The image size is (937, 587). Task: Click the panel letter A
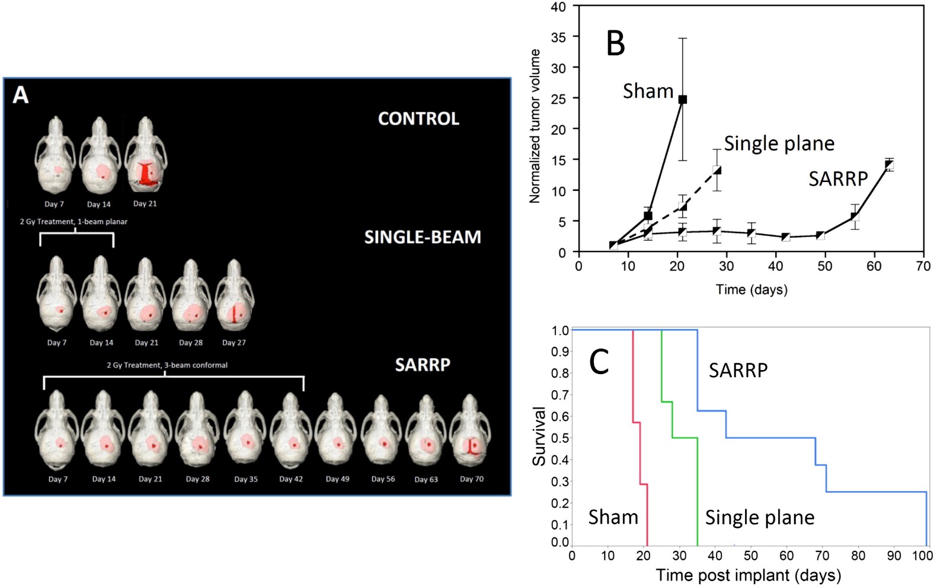21,95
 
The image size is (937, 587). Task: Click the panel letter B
616,43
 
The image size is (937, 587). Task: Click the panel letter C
599,361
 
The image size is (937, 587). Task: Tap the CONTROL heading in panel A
418,119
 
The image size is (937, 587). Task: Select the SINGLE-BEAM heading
422,237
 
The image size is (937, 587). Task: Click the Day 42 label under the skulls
291,479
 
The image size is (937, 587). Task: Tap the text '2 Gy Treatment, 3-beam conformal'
167,365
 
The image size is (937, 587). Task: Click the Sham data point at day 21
682,100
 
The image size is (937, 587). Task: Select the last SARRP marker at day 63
888,165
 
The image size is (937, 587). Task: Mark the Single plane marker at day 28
717,171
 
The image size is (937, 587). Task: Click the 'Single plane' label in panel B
779,143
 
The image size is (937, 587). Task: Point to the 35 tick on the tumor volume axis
558,37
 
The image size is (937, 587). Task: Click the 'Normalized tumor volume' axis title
535,126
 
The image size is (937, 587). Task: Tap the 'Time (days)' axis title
751,290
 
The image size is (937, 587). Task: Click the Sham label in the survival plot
613,517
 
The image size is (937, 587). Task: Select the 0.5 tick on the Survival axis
559,438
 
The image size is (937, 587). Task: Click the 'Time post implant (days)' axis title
748,575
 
